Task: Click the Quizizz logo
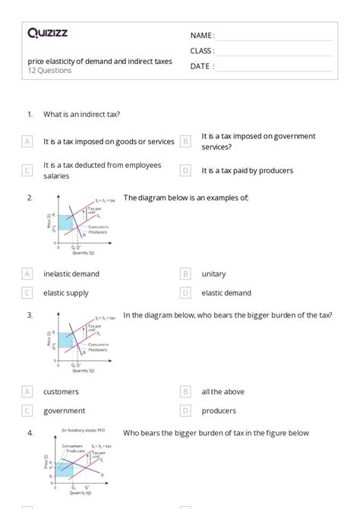pyautogui.click(x=47, y=33)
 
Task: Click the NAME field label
pyautogui.click(x=202, y=36)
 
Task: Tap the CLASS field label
pyautogui.click(x=202, y=51)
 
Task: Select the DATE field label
pyautogui.click(x=201, y=66)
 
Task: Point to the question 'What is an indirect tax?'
pyautogui.click(x=82, y=114)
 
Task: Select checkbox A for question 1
pyautogui.click(x=27, y=141)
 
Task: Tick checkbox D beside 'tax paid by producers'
pyautogui.click(x=185, y=171)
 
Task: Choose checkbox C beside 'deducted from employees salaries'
pyautogui.click(x=27, y=171)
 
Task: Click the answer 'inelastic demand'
pyautogui.click(x=71, y=273)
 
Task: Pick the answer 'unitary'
pyautogui.click(x=213, y=273)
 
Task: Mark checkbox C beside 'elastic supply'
pyautogui.click(x=27, y=292)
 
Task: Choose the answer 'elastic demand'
pyautogui.click(x=227, y=292)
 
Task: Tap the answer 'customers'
pyautogui.click(x=61, y=392)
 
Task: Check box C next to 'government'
pyautogui.click(x=27, y=411)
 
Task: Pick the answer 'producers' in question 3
pyautogui.click(x=219, y=411)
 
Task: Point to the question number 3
pyautogui.click(x=30, y=315)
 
